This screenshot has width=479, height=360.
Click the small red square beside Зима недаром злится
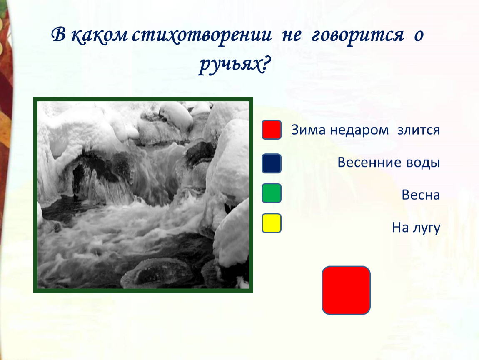[x=271, y=130]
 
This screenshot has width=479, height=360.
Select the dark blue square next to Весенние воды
[x=271, y=163]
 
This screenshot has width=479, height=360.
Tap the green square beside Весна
[x=271, y=193]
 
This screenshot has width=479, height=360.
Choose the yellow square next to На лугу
[x=271, y=223]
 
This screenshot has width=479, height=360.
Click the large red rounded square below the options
[x=346, y=290]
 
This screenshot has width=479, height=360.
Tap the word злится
[x=418, y=130]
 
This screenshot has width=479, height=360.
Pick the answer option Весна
[x=421, y=195]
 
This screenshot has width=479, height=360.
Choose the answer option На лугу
[x=416, y=228]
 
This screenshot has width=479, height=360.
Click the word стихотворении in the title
[x=202, y=35]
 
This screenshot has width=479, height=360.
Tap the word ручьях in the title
[x=230, y=65]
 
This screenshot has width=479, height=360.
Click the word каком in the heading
[x=99, y=35]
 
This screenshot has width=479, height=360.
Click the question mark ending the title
[x=267, y=64]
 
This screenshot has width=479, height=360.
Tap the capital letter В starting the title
[x=59, y=34]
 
